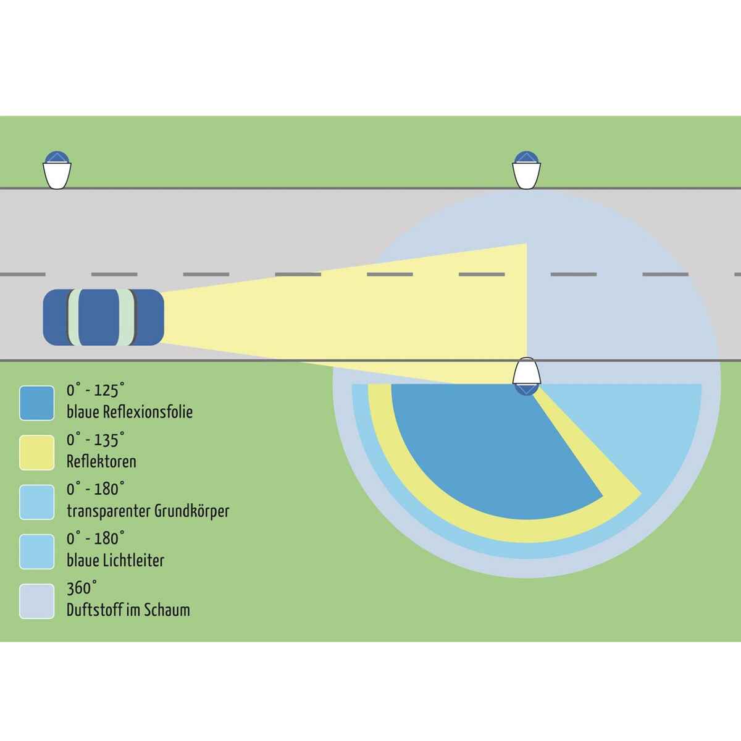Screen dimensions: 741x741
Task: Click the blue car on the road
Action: coord(104,317)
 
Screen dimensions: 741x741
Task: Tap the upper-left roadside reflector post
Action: coord(57,170)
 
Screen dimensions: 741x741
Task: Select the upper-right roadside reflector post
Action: coord(527,170)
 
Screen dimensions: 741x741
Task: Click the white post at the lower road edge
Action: coord(527,372)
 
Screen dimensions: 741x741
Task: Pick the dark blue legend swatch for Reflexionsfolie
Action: coord(36,403)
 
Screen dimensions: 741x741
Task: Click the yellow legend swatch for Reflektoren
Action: coord(36,453)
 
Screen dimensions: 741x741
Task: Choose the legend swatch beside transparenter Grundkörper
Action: coord(36,502)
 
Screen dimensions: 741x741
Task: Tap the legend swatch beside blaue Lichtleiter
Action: coord(36,552)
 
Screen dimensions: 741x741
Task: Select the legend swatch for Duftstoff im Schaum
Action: coord(36,601)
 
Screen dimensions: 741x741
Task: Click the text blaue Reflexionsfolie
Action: coord(130,412)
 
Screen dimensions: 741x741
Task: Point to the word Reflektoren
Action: coord(101,461)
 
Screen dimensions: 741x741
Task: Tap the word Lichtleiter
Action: coord(133,561)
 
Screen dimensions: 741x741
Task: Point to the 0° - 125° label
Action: coord(96,390)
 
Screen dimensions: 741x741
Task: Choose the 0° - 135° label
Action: coord(96,440)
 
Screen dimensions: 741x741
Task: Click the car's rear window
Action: coord(73,317)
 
